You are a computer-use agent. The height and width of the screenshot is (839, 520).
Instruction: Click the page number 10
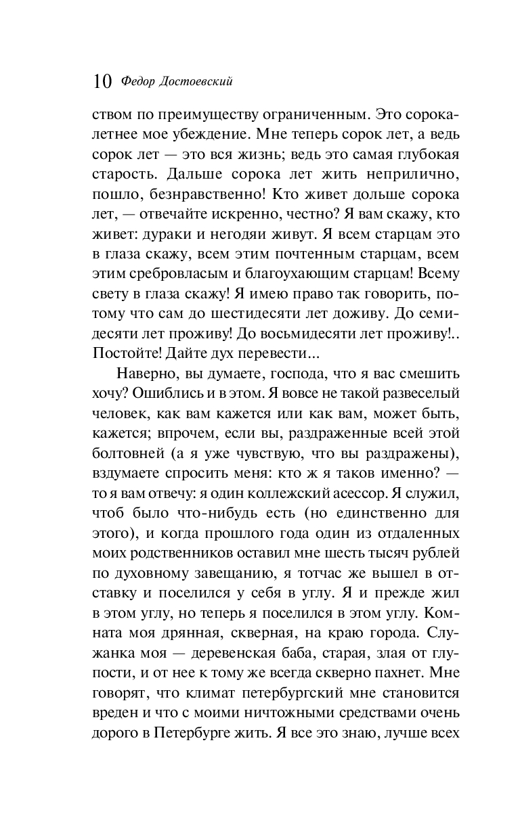click(102, 83)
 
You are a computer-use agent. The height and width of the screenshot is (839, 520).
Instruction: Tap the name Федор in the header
click(138, 82)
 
